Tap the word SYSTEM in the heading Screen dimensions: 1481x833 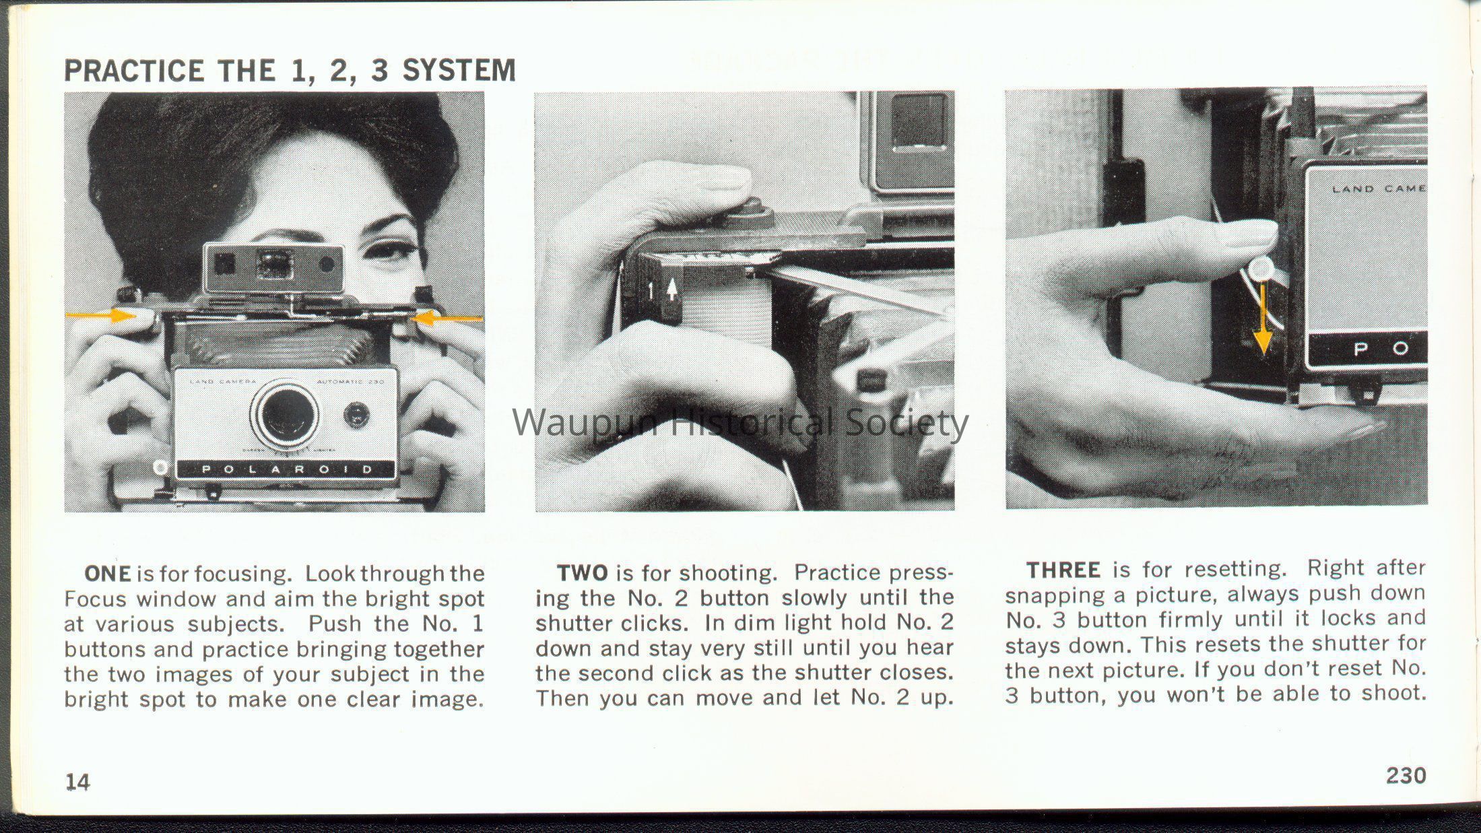[x=459, y=71]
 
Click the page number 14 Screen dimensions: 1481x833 [x=77, y=781]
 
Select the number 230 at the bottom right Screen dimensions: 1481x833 [x=1406, y=776]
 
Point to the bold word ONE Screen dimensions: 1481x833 [x=108, y=573]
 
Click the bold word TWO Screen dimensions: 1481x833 [x=583, y=572]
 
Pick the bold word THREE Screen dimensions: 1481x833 [x=1064, y=570]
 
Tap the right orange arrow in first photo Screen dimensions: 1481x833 [x=447, y=318]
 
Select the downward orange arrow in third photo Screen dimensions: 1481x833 [x=1263, y=316]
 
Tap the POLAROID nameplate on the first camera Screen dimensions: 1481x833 [x=284, y=469]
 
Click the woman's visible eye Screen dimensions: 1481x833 [x=389, y=255]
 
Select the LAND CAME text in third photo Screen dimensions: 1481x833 [x=1379, y=189]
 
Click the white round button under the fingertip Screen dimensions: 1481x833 [x=1261, y=271]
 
